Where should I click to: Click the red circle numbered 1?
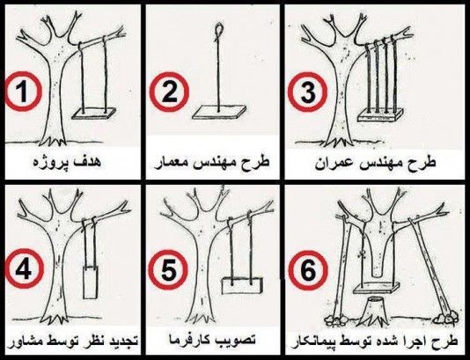[x=23, y=92]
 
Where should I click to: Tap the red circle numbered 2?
[x=169, y=92]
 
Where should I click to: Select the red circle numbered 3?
[x=307, y=92]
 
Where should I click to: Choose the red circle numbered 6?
[x=307, y=270]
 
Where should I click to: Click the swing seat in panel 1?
[x=93, y=113]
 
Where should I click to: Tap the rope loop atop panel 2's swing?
[x=218, y=31]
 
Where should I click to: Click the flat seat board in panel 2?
[x=219, y=112]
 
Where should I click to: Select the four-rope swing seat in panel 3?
[x=381, y=114]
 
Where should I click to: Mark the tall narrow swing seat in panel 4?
[x=91, y=282]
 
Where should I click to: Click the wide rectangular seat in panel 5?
[x=242, y=285]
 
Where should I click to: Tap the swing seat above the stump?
[x=377, y=288]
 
